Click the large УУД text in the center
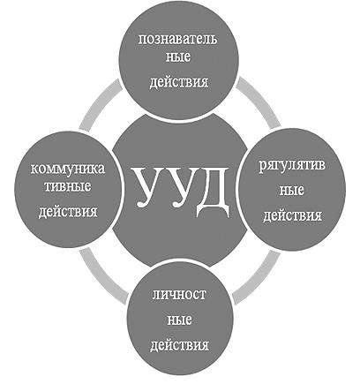(182, 191)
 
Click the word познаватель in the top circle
(177, 39)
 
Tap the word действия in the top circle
(179, 82)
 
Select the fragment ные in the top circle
(178, 57)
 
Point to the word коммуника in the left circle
(68, 169)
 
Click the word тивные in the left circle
(68, 187)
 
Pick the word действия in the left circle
(68, 212)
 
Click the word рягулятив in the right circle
(292, 167)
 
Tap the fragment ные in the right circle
(291, 191)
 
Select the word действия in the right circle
(292, 215)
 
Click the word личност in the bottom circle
(179, 295)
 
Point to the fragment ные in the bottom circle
(179, 320)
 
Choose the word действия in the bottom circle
(180, 345)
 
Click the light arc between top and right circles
(260, 101)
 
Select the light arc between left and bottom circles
(100, 275)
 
